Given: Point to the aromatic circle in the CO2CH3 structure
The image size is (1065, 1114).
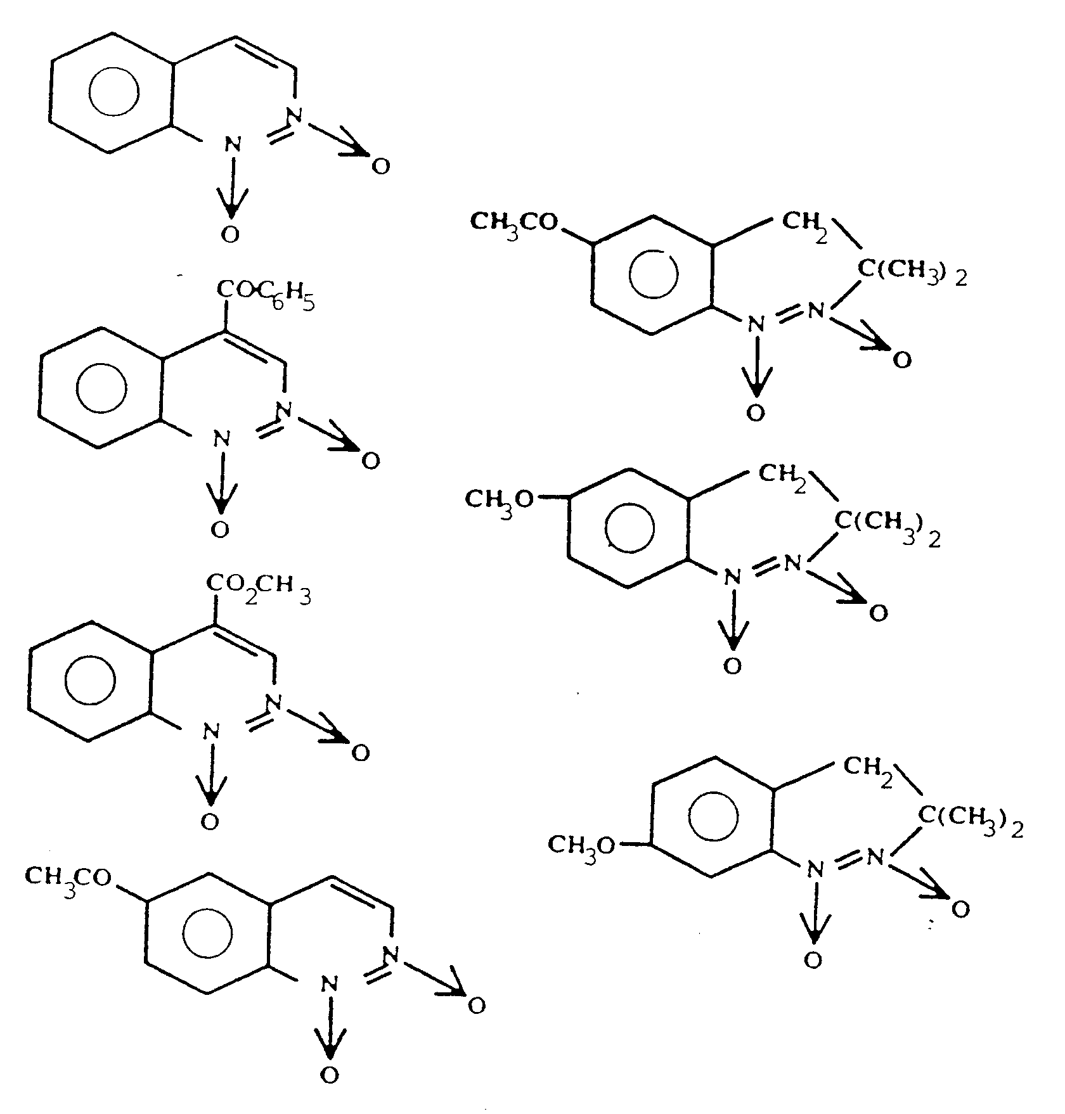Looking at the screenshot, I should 91,680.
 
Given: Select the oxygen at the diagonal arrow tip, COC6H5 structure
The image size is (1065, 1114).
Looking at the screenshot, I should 370,461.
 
